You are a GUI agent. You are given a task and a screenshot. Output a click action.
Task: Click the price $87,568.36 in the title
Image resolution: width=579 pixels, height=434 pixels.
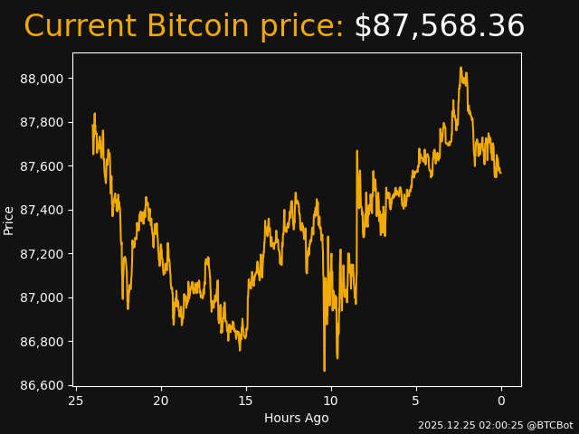point(439,27)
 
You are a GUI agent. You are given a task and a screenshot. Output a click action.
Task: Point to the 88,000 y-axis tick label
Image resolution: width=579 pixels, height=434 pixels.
point(42,79)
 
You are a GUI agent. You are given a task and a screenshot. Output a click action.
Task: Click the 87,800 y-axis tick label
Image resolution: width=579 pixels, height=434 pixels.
point(42,123)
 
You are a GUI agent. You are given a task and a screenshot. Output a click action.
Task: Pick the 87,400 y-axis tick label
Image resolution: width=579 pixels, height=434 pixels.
point(42,211)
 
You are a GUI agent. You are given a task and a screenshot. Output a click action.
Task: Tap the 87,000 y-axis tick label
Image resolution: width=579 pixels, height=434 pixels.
point(42,298)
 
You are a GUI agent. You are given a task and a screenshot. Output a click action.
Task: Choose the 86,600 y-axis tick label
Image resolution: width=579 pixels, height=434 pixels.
point(42,386)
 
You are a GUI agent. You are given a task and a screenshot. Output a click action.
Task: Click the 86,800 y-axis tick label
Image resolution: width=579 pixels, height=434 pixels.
point(42,342)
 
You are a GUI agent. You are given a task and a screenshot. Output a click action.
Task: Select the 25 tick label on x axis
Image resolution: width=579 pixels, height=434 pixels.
point(76,401)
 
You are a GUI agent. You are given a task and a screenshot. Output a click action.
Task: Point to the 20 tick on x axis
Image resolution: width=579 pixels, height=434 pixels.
point(161,401)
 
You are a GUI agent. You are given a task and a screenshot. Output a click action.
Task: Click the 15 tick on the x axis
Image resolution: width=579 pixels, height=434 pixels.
point(246,401)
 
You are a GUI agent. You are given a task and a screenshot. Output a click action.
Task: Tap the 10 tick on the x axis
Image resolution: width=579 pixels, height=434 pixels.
point(331,401)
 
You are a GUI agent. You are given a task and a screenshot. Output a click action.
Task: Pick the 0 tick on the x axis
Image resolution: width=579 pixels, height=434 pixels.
point(501,401)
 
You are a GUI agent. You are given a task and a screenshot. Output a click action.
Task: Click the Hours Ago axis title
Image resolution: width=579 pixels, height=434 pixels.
point(297,418)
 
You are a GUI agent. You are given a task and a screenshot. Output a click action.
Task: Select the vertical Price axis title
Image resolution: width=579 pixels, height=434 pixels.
point(9,220)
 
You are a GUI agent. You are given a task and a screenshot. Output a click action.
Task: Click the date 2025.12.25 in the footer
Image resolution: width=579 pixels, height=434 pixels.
point(444,425)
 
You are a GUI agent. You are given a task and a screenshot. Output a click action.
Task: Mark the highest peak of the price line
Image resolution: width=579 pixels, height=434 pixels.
point(460,68)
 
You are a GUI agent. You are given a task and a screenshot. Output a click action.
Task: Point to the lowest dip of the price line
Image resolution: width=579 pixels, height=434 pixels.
point(324,371)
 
